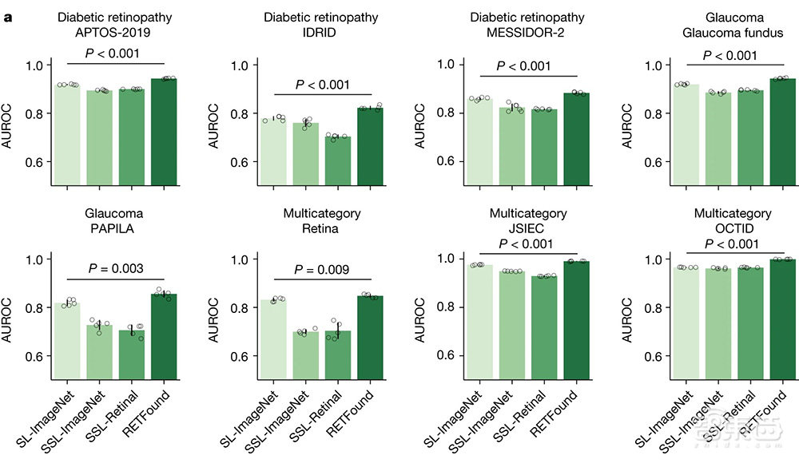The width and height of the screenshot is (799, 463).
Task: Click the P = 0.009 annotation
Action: pyautogui.click(x=322, y=270)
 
